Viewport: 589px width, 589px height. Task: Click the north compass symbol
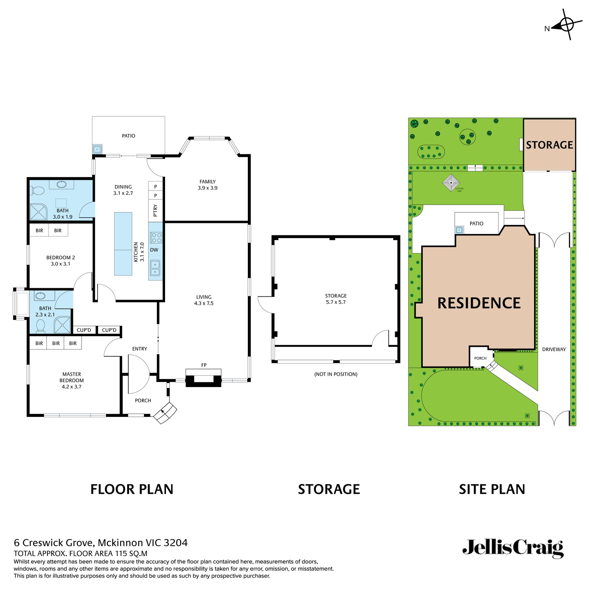(x=566, y=25)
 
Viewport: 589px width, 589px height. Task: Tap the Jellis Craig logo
(x=513, y=548)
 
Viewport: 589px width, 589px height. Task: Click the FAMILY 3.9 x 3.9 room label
(x=207, y=185)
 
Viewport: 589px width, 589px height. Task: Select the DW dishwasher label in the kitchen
(x=154, y=250)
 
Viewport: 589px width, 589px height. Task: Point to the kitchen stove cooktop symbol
(x=156, y=237)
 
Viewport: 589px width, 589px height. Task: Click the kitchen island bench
(x=123, y=244)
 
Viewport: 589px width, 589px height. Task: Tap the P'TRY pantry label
(x=155, y=210)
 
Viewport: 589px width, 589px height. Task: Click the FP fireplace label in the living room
(x=204, y=365)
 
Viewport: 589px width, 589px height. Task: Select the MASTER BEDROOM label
(x=71, y=380)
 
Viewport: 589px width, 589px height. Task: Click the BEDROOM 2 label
(x=60, y=260)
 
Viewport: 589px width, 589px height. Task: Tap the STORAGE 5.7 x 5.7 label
(x=336, y=299)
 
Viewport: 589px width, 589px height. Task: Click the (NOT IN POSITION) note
(x=336, y=374)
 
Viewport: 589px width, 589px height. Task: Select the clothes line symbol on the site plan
(x=451, y=183)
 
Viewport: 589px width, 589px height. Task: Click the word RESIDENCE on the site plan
(x=479, y=303)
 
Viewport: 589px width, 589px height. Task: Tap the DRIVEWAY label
(x=554, y=349)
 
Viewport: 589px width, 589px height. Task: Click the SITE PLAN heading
(x=492, y=489)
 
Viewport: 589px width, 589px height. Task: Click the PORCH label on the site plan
(x=480, y=358)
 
